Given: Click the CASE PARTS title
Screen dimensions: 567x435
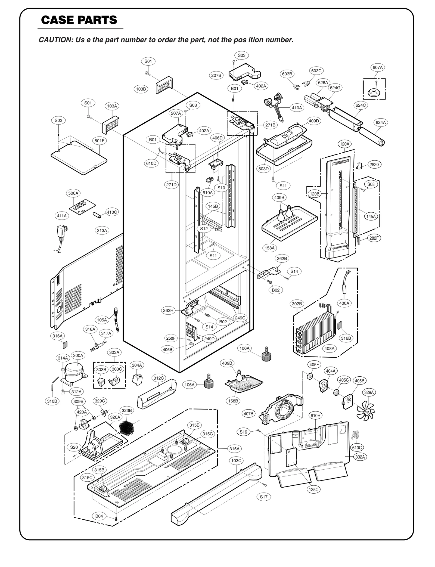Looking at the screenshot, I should tap(79, 20).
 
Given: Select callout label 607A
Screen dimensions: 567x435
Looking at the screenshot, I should tap(378, 67).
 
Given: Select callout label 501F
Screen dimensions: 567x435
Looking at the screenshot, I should tap(100, 141).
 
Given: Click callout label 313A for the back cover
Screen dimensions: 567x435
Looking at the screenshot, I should tap(102, 230).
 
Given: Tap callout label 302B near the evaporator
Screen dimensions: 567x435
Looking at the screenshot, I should tap(297, 303).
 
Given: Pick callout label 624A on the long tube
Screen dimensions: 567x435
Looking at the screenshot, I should tap(381, 122).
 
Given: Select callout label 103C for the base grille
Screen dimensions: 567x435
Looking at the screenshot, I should tap(236, 460).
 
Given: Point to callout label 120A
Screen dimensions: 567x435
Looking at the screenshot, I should tap(345, 144).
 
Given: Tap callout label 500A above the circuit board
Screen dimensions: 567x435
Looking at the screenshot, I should tap(73, 193).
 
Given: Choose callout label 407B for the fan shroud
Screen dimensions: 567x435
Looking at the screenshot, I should tap(248, 414).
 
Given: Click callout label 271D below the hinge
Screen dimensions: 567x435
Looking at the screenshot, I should tap(171, 185).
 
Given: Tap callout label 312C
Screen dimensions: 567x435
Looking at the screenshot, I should tap(159, 378).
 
